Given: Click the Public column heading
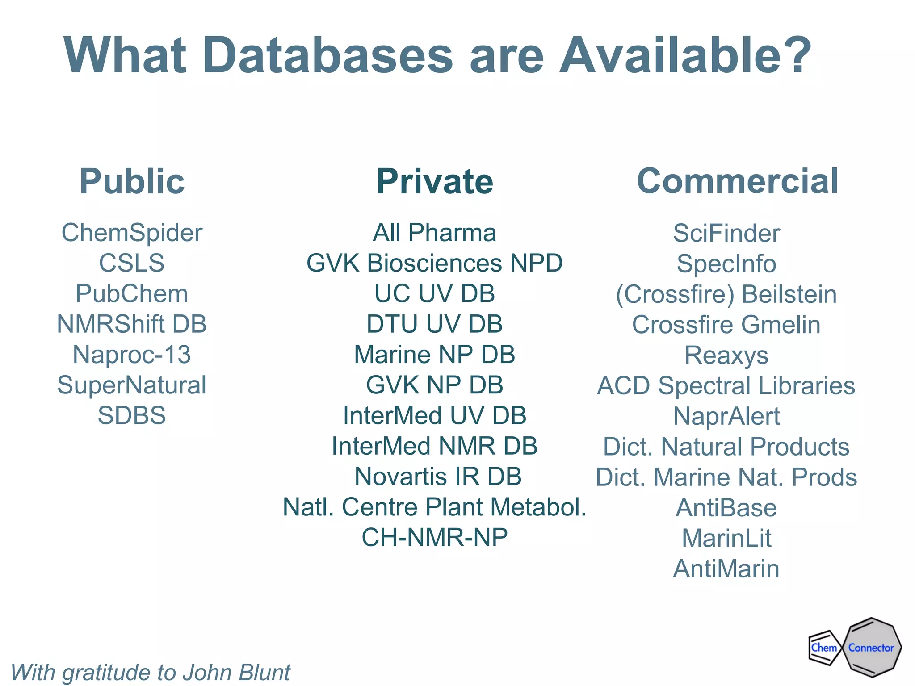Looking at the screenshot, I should (132, 181).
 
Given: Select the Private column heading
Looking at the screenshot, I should (435, 181).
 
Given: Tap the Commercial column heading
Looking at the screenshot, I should (738, 181).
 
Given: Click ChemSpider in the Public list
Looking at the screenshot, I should (132, 233).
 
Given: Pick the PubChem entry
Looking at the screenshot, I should (132, 294).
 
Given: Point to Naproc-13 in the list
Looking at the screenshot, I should (132, 355).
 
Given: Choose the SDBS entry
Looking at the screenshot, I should (132, 415).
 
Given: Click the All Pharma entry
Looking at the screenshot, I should (435, 233).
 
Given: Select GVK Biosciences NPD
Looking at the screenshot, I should (435, 263).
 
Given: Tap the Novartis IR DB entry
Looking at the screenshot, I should (438, 477).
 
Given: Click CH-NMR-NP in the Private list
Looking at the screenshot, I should (435, 537).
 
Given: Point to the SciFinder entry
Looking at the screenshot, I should (726, 233).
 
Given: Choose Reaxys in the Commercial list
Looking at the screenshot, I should (726, 356).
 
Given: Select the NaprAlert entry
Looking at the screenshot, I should (726, 416).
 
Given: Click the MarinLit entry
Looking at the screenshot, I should (726, 538).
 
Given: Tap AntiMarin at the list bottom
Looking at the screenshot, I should (726, 569).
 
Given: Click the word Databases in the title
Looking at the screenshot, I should (328, 55).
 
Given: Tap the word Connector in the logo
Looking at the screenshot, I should (871, 648).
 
